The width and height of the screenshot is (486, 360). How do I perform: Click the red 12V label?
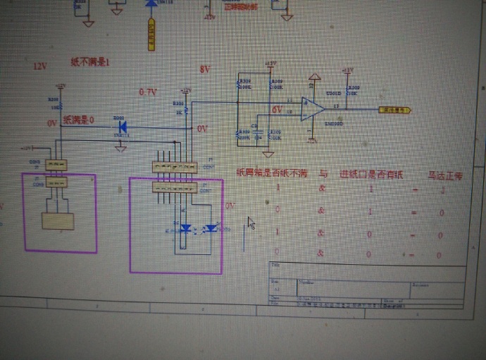coord(39,66)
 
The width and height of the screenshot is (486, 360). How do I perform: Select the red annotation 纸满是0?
coord(78,120)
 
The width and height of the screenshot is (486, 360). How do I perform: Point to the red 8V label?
coord(205,70)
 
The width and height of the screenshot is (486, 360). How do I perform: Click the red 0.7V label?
coord(148,92)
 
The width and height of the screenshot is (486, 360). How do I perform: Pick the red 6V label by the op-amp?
coord(278,110)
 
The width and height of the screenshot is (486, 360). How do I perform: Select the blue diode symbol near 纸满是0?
coord(122,128)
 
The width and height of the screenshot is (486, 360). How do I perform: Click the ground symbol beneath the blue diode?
coord(121,147)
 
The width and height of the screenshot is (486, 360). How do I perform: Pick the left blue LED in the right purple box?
coord(186,228)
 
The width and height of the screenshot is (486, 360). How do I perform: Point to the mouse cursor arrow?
coord(251,223)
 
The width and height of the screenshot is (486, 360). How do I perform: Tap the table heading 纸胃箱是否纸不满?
coord(271,173)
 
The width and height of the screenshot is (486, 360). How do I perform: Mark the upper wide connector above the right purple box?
coord(173,168)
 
